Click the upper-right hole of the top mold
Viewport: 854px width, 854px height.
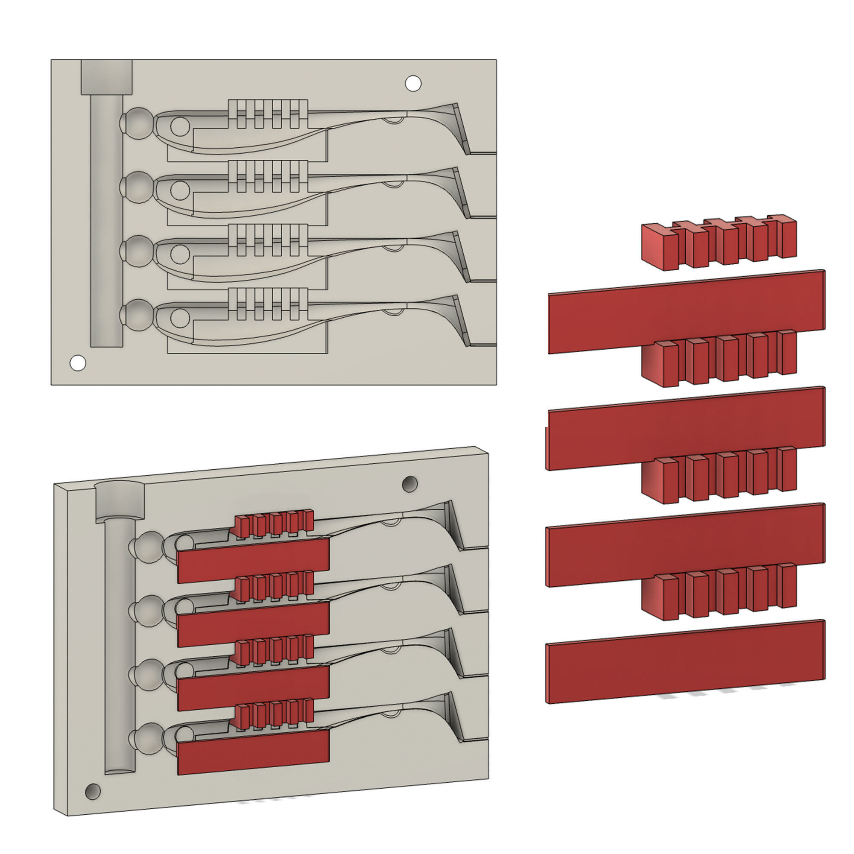pyautogui.click(x=413, y=83)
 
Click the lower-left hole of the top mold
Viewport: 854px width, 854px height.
pyautogui.click(x=78, y=363)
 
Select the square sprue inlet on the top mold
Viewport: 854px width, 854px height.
pyautogui.click(x=106, y=77)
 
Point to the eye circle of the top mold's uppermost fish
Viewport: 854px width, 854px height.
pyautogui.click(x=179, y=126)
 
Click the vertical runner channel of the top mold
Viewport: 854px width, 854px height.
pyautogui.click(x=106, y=221)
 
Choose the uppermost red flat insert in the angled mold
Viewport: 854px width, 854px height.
pyautogui.click(x=253, y=560)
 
